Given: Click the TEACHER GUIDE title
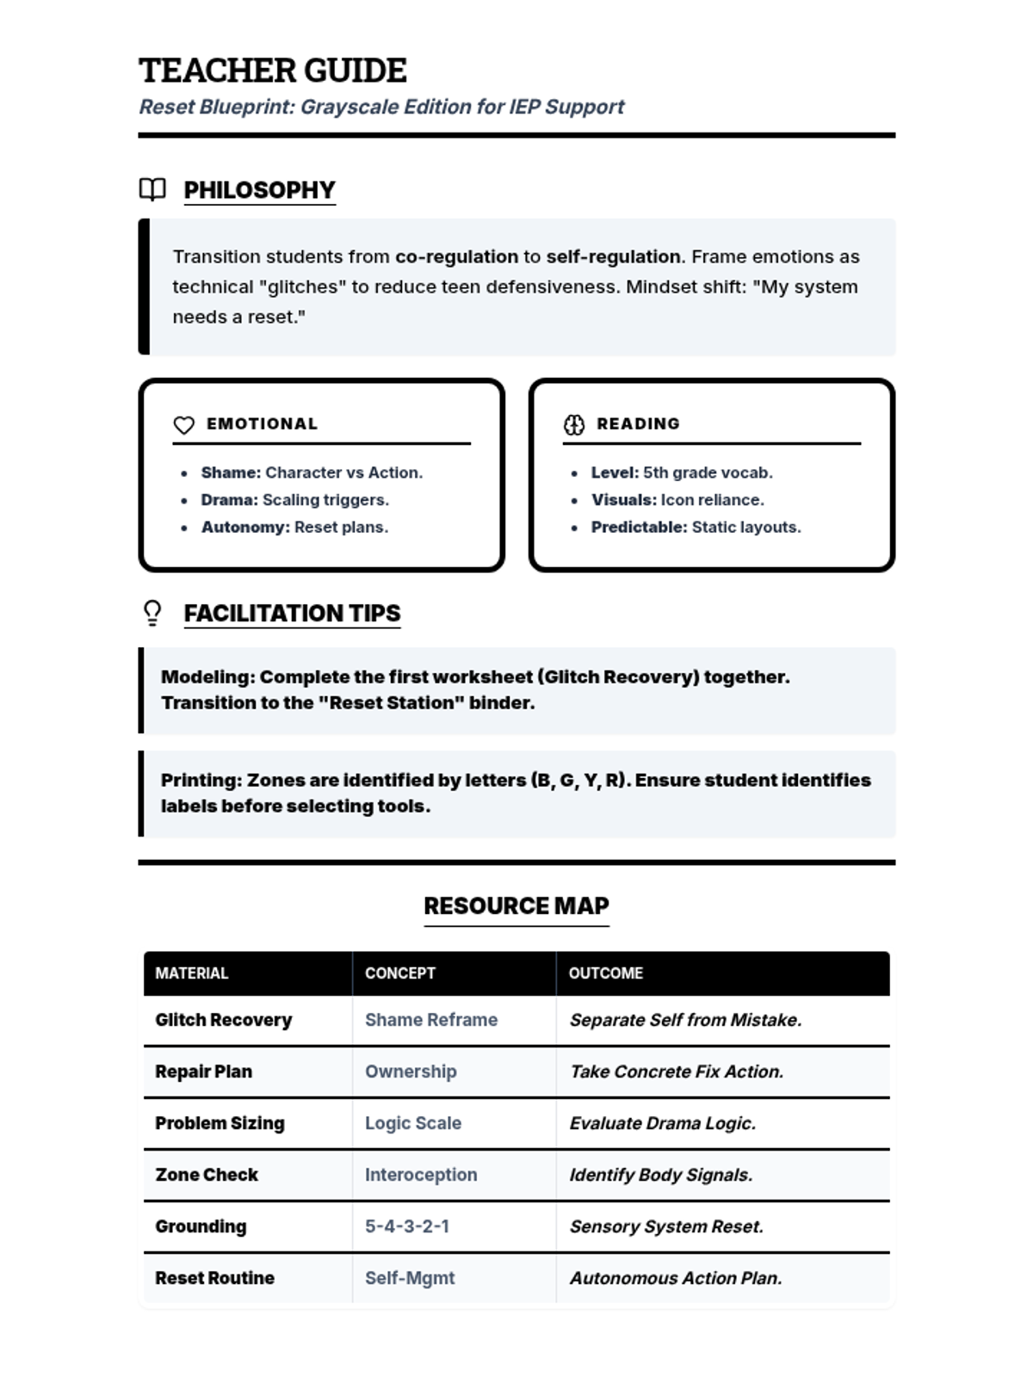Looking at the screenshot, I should click(273, 71).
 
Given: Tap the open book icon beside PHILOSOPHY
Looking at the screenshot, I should click(152, 189).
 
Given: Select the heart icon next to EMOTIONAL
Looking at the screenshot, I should click(184, 425).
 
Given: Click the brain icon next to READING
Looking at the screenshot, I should click(574, 424).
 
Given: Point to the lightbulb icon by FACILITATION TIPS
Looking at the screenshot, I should click(152, 613).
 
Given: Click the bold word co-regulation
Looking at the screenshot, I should click(456, 256).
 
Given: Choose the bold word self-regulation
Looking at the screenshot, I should click(613, 256).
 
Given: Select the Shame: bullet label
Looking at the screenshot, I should click(231, 472).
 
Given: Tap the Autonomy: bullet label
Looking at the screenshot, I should click(245, 527).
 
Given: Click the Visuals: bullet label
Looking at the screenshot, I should click(623, 500).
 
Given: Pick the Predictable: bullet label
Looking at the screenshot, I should click(639, 527).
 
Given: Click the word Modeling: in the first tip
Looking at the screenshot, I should click(207, 677).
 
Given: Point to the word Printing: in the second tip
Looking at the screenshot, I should click(201, 781).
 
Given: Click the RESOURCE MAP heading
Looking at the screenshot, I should click(516, 906).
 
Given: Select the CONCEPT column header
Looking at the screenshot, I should click(400, 973).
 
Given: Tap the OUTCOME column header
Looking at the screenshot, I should click(606, 973).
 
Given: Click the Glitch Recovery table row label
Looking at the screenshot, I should click(224, 1020).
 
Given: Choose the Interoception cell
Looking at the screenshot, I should click(421, 1175).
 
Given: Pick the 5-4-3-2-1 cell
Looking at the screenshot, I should click(407, 1226).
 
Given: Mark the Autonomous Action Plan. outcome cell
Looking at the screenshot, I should click(676, 1278).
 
